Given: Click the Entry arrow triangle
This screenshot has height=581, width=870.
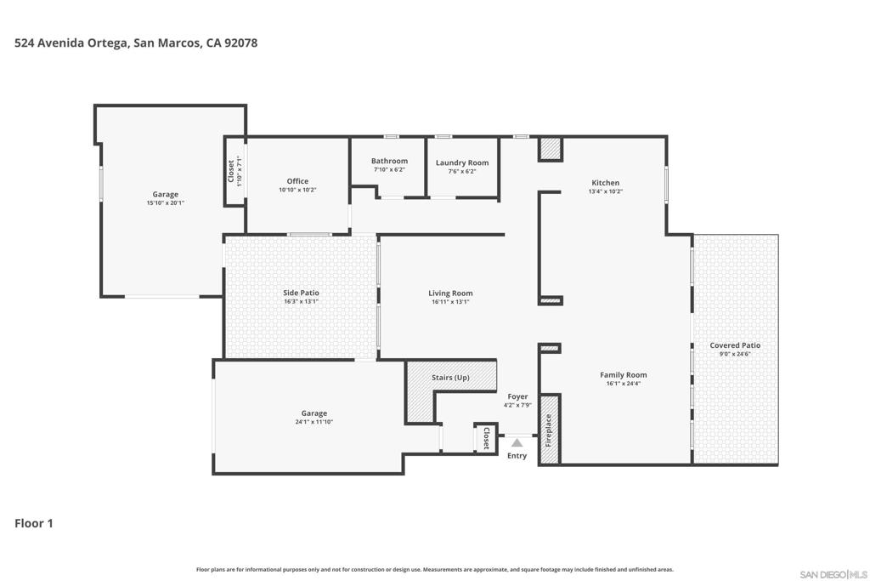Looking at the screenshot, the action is click(x=517, y=442).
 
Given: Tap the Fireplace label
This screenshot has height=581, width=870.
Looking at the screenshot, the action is click(x=548, y=430).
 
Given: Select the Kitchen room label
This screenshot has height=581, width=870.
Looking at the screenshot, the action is click(x=605, y=183).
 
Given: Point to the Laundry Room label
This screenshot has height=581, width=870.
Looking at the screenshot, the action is click(x=462, y=162).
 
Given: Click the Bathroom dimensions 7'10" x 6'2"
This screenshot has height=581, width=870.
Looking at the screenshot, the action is click(x=389, y=169).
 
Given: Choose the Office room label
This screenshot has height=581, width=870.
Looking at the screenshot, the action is click(x=297, y=181).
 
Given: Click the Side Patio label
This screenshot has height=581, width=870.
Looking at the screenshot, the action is click(x=302, y=293).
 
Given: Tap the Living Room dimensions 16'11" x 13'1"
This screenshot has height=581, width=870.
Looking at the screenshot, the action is click(x=450, y=302).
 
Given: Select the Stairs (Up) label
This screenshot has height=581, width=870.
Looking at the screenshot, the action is click(x=450, y=378).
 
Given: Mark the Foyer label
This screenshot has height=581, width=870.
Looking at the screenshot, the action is click(x=517, y=396).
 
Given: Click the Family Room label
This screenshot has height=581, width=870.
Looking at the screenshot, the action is click(x=623, y=375).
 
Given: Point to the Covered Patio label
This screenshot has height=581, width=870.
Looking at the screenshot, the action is click(x=735, y=345).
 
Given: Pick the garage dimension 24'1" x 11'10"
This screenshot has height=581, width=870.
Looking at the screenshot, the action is click(x=314, y=422).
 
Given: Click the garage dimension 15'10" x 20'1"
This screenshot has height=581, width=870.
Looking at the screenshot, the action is click(x=166, y=202).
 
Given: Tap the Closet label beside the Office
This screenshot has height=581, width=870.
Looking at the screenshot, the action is click(x=231, y=171).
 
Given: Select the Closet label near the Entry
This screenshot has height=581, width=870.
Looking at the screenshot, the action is click(x=486, y=438).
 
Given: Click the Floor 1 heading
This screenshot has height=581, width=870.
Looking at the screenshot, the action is click(x=34, y=523).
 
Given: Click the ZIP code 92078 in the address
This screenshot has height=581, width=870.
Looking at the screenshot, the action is click(x=240, y=43).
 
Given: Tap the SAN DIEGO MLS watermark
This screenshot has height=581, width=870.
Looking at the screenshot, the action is click(x=833, y=574).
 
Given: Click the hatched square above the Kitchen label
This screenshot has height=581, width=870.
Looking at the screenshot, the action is click(x=551, y=149).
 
